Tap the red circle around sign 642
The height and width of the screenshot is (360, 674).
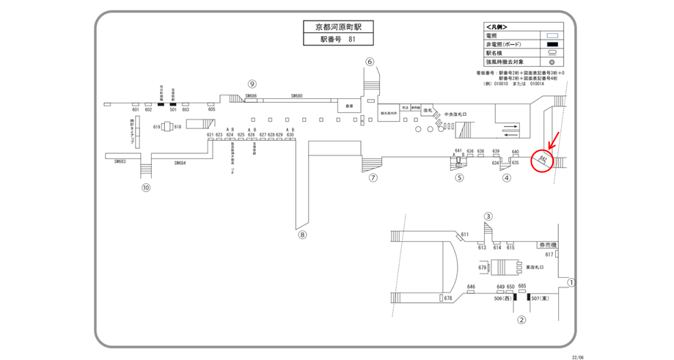click(542, 159)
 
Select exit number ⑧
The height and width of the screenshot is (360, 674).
click(302, 235)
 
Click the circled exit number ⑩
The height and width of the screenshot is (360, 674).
click(146, 188)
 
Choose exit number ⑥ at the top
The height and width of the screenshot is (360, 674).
click(370, 62)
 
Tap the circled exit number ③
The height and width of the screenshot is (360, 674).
click(488, 216)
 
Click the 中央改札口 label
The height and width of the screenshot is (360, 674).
click(455, 114)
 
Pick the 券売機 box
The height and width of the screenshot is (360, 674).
click(548, 245)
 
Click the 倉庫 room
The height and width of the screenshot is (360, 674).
click(349, 106)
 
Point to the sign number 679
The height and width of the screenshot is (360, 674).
click(482, 268)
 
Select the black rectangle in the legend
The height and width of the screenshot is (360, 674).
click(554, 45)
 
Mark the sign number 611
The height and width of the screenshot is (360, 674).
click(464, 235)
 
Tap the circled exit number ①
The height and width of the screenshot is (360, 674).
click(572, 282)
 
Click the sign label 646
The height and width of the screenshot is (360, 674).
click(471, 287)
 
